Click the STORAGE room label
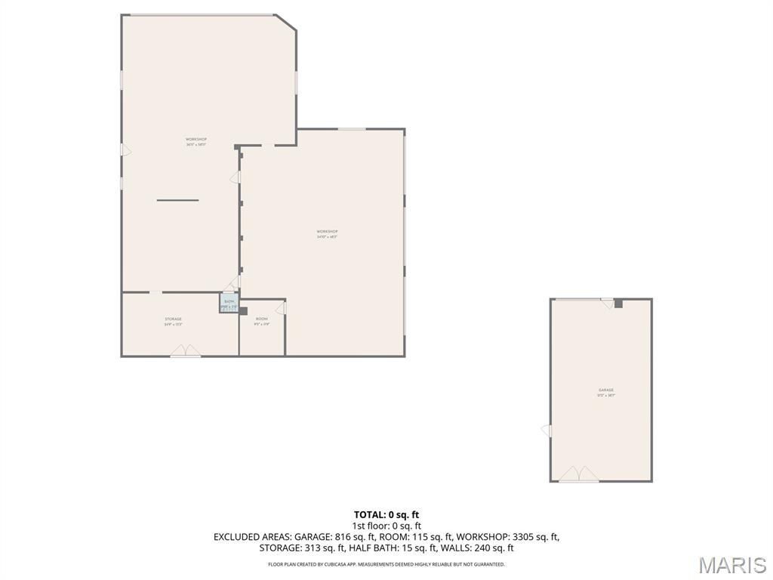coord(173,319)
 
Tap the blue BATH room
coord(229,304)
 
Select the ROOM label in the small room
coord(261,319)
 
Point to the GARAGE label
coord(606,390)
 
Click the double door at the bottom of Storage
coord(185,351)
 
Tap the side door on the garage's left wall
coord(546,430)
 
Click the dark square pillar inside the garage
coord(617,303)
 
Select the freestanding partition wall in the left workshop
coord(177,200)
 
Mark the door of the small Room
coord(281,307)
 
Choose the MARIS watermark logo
coord(731,564)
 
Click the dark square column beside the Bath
coord(242,310)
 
